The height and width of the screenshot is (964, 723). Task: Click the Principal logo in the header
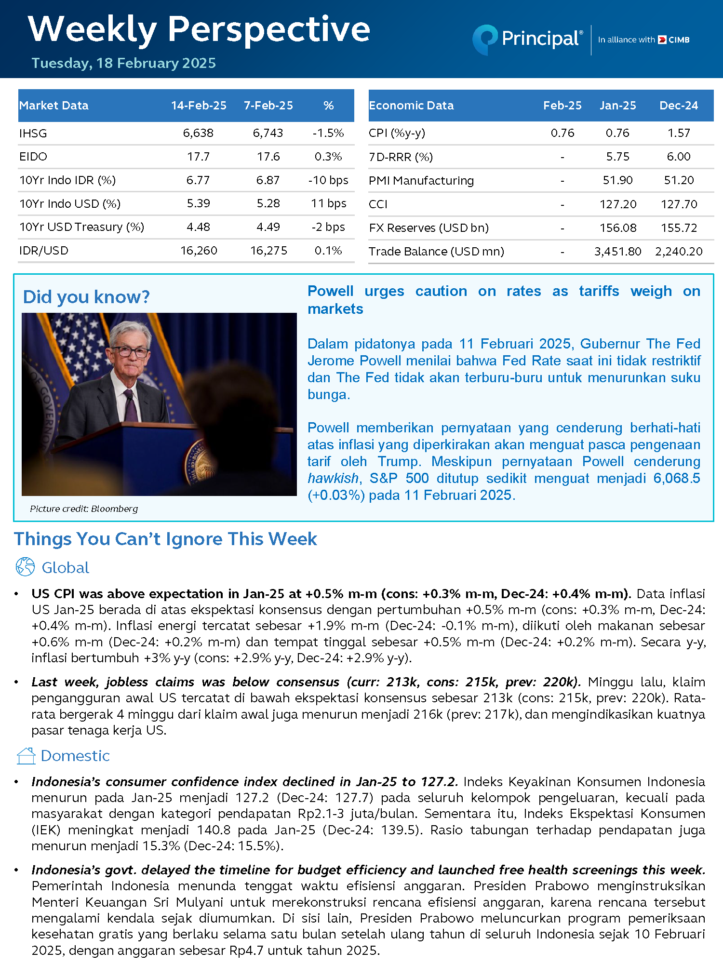pyautogui.click(x=528, y=39)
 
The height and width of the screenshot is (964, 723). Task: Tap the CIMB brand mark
pyautogui.click(x=674, y=40)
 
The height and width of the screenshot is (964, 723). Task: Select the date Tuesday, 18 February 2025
pyautogui.click(x=123, y=63)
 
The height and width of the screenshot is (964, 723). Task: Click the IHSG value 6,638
pyautogui.click(x=198, y=133)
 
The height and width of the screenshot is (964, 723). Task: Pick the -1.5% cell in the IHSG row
pyautogui.click(x=328, y=133)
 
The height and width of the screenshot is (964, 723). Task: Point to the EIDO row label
pyautogui.click(x=33, y=157)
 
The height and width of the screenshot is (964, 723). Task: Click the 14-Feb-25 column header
pyautogui.click(x=199, y=106)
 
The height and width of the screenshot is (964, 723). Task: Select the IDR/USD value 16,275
pyautogui.click(x=268, y=251)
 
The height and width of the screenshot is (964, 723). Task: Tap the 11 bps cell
pyautogui.click(x=329, y=203)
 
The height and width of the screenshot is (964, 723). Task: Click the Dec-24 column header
pyautogui.click(x=679, y=106)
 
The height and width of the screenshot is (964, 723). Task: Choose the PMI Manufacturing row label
pyautogui.click(x=421, y=181)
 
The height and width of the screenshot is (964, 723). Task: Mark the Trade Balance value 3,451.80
pyautogui.click(x=617, y=252)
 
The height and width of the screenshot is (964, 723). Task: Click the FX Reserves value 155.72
pyautogui.click(x=679, y=228)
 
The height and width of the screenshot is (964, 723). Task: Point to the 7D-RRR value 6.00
pyautogui.click(x=679, y=157)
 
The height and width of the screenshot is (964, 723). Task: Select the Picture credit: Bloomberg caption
pyautogui.click(x=84, y=509)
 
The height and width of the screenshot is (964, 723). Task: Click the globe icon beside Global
pyautogui.click(x=25, y=567)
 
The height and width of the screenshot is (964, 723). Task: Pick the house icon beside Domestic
pyautogui.click(x=26, y=756)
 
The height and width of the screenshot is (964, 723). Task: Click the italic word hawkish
pyautogui.click(x=333, y=478)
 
